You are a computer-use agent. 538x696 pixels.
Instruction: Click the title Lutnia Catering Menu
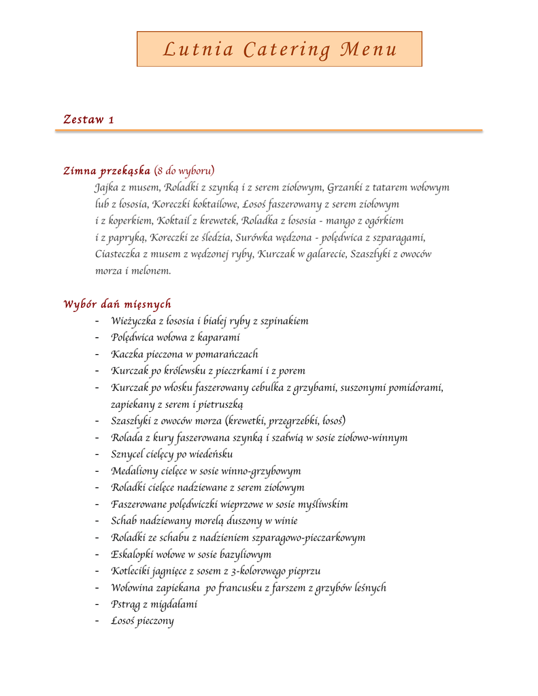(x=279, y=50)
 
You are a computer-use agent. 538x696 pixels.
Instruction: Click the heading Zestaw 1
(x=88, y=120)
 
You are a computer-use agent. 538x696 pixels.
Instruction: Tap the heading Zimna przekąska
(x=107, y=170)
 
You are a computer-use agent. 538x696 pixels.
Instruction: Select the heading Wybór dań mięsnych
(x=117, y=304)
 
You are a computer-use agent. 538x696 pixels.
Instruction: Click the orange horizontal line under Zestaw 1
(x=269, y=130)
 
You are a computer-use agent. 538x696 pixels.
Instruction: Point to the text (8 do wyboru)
(x=185, y=170)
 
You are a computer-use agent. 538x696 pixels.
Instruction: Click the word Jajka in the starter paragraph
(x=106, y=187)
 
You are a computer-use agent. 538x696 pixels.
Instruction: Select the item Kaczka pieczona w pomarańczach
(x=184, y=354)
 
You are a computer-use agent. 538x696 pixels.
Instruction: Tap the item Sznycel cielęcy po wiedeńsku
(x=172, y=454)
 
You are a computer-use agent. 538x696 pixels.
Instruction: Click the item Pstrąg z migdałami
(x=154, y=604)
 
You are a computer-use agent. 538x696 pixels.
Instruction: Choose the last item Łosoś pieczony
(x=142, y=621)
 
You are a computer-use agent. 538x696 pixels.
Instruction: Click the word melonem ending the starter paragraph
(x=151, y=271)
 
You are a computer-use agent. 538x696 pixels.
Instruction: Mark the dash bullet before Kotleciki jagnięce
(x=98, y=571)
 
